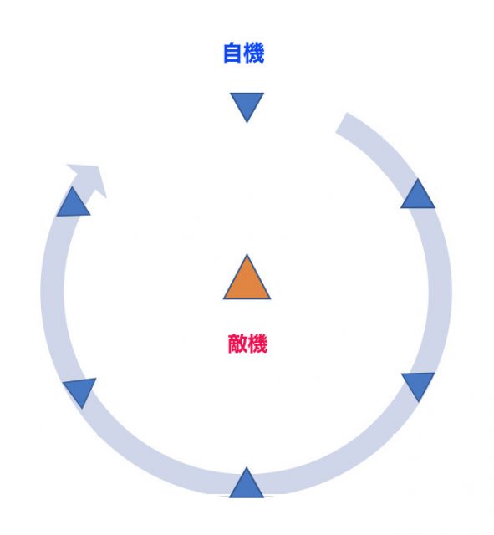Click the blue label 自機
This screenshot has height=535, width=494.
(x=243, y=53)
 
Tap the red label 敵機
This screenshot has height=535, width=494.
(x=247, y=344)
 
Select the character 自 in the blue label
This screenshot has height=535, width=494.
(x=232, y=53)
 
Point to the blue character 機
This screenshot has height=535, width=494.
(x=254, y=53)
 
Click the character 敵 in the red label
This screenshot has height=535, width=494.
(x=237, y=344)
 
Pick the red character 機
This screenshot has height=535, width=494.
(x=257, y=344)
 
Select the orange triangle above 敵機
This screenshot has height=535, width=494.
(x=247, y=277)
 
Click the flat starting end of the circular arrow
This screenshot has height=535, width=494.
(x=341, y=124)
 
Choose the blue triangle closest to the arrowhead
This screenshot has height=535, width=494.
(x=73, y=201)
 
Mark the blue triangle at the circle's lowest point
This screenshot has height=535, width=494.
(x=247, y=483)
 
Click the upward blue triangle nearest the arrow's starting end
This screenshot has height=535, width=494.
(x=418, y=194)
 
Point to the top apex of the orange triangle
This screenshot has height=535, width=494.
(x=247, y=254)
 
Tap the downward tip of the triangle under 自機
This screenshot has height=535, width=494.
(x=247, y=122)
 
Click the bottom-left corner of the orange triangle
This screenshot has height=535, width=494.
(x=224, y=299)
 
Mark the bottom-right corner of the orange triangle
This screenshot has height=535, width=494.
(x=270, y=299)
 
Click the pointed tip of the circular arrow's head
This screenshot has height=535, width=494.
(x=99, y=166)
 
